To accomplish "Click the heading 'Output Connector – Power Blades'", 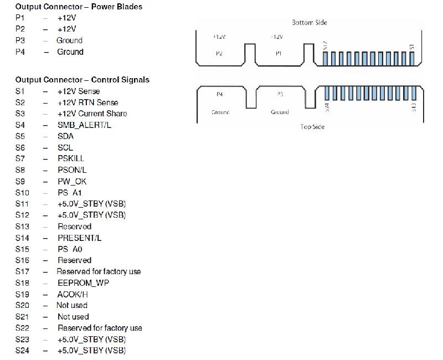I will pyautogui.click(x=79, y=7).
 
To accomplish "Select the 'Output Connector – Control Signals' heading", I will pyautogui.click(x=82, y=80).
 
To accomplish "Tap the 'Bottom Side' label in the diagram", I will pyautogui.click(x=310, y=23).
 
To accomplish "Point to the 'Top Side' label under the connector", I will pyautogui.click(x=312, y=127).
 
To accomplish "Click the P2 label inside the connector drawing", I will pyautogui.click(x=219, y=53).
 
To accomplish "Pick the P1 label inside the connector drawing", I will pyautogui.click(x=278, y=53).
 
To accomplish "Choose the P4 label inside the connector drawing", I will pyautogui.click(x=220, y=94).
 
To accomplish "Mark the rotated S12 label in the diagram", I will pyautogui.click(x=325, y=45).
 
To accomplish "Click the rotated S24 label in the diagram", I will pyautogui.click(x=327, y=107).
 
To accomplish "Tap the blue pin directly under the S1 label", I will pyautogui.click(x=411, y=59).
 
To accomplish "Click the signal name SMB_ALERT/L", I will pyautogui.click(x=84, y=125).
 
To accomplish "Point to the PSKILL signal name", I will pyautogui.click(x=71, y=158).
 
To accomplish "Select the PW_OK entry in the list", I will pyautogui.click(x=72, y=181).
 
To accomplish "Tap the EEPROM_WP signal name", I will pyautogui.click(x=83, y=283).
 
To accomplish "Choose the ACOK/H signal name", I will pyautogui.click(x=73, y=294).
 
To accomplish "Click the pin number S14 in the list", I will pyautogui.click(x=23, y=238).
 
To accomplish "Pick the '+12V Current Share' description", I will pyautogui.click(x=92, y=114).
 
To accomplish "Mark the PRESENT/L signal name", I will pyautogui.click(x=79, y=238).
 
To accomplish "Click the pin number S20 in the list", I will pyautogui.click(x=23, y=305).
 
